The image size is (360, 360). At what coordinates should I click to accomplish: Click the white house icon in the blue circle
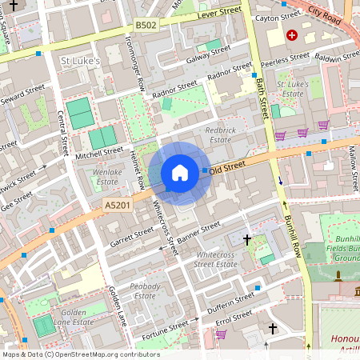pyautogui.click(x=180, y=173)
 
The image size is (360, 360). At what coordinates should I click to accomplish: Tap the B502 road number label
pyautogui.click(x=146, y=26)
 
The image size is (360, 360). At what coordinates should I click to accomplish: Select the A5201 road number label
pyautogui.click(x=117, y=206)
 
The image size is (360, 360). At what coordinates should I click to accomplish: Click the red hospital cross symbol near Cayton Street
pyautogui.click(x=292, y=35)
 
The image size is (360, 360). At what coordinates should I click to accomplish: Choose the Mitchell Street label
pyautogui.click(x=101, y=150)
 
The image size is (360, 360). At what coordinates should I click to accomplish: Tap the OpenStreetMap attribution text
pyautogui.click(x=80, y=354)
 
